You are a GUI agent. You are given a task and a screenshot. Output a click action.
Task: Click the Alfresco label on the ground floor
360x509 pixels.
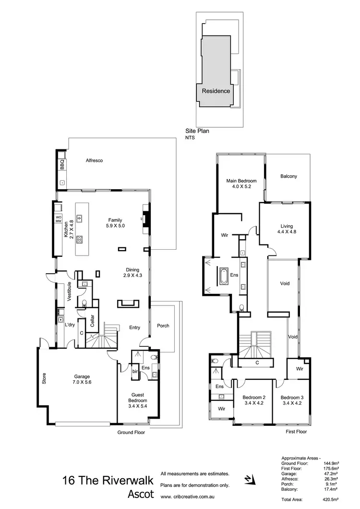tap(95, 160)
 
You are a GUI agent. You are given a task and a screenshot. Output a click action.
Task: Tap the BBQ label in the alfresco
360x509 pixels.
tap(62, 165)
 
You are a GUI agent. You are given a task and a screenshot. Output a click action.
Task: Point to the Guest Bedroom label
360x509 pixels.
tap(137, 397)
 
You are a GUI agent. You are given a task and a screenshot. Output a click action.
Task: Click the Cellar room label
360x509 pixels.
tap(91, 321)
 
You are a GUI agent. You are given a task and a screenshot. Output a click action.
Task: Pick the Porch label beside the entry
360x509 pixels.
tap(163, 326)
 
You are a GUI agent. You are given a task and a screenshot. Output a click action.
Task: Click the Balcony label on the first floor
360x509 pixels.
tap(288, 176)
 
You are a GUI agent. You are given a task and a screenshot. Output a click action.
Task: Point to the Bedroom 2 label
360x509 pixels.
tap(254, 400)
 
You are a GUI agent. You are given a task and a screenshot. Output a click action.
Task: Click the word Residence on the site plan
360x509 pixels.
tap(216, 91)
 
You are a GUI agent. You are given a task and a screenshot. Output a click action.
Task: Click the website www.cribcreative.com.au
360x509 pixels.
tap(189, 497)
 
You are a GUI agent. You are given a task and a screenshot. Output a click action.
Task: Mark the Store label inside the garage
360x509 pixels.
tap(44, 379)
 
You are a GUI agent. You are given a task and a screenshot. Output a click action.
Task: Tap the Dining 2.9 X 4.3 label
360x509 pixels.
tap(132, 273)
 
